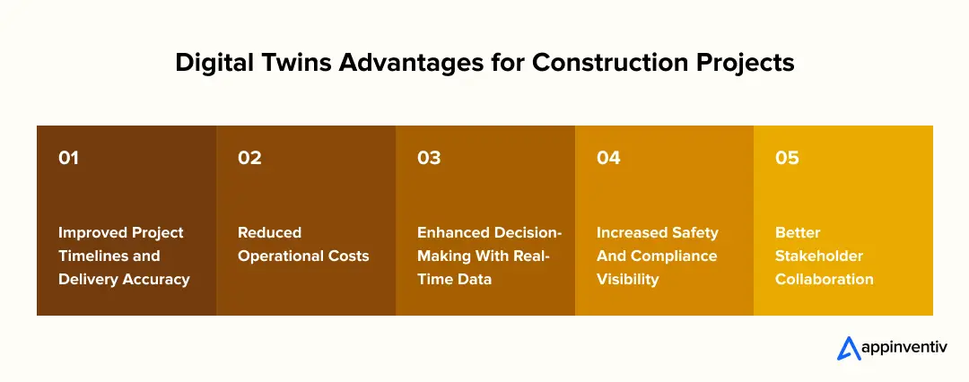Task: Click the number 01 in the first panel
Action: pos(69,158)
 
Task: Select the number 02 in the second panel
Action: pos(249,158)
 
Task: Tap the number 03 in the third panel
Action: pos(429,158)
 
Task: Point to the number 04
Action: pos(608,158)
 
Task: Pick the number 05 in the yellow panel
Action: pos(787,158)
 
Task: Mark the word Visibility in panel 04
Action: pos(627,279)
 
